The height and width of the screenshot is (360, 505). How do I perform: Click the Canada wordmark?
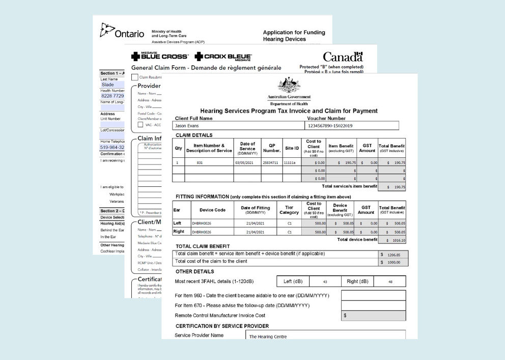(x=343, y=57)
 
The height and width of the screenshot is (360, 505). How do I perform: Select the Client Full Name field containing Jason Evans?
(x=238, y=126)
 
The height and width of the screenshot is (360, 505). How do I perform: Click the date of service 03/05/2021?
(x=247, y=163)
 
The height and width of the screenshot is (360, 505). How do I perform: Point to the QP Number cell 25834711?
(x=271, y=163)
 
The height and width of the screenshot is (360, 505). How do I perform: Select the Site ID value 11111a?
(x=291, y=163)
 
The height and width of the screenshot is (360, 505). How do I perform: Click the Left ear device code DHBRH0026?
(x=209, y=223)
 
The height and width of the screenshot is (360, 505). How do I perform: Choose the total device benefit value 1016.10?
(x=395, y=240)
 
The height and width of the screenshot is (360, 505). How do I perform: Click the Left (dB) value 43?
(x=325, y=282)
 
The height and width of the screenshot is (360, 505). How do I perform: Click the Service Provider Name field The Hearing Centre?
(x=325, y=336)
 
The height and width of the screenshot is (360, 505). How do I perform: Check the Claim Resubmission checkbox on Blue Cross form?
(x=134, y=77)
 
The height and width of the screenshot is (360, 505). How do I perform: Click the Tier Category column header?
(x=289, y=210)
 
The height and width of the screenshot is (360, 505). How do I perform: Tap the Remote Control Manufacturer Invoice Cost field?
(x=373, y=316)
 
